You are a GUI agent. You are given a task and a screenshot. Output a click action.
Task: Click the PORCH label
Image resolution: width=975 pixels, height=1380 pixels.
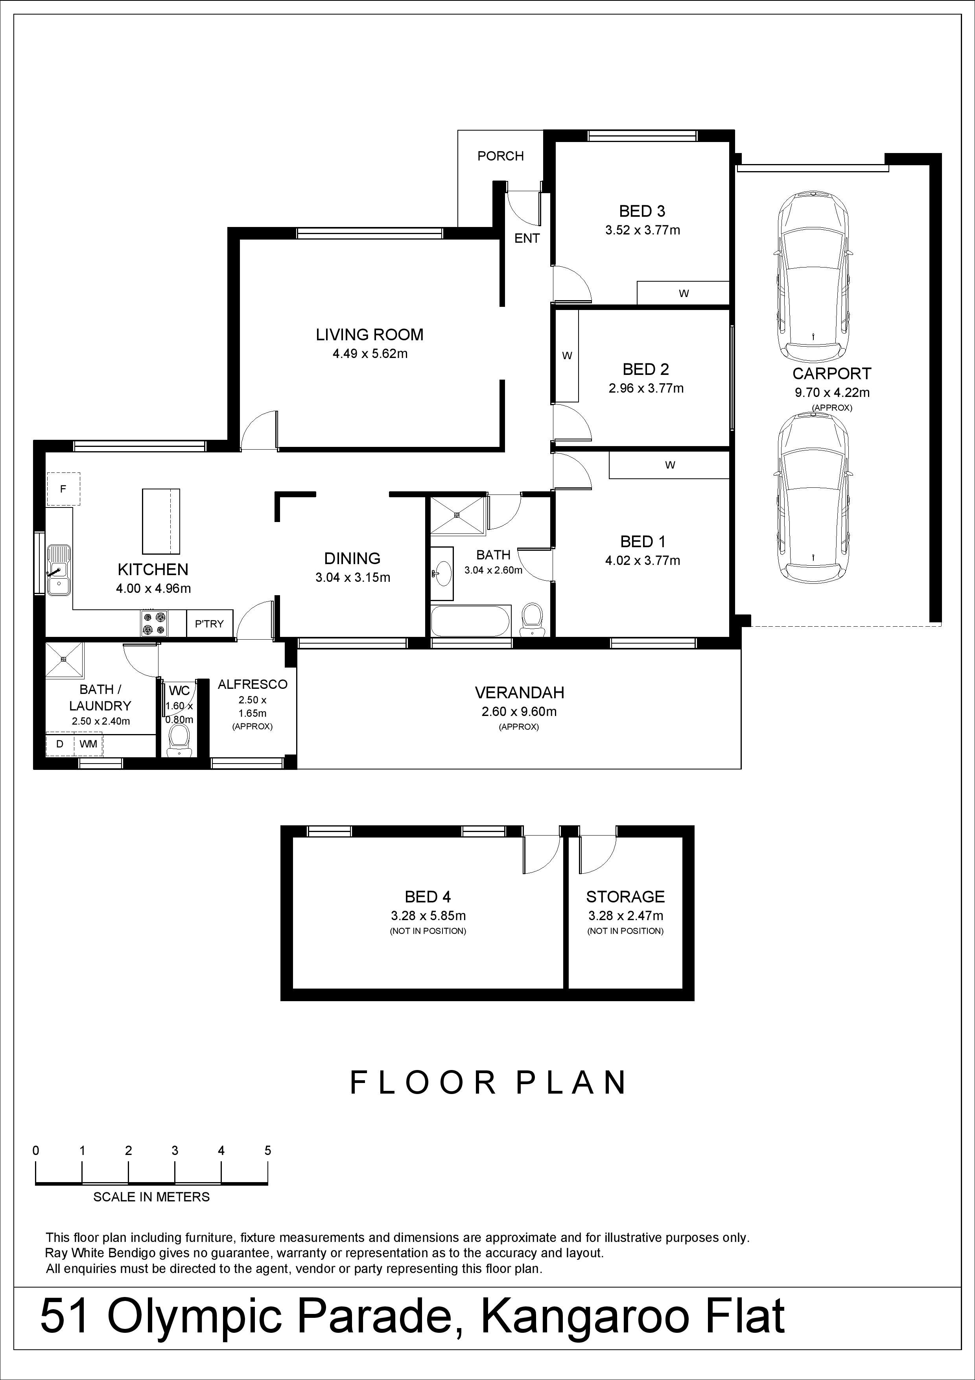tap(500, 156)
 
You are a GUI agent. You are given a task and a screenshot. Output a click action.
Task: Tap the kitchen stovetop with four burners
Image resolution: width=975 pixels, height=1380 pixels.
tap(155, 623)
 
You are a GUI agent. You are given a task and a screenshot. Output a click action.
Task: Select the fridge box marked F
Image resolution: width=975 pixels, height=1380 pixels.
tap(63, 489)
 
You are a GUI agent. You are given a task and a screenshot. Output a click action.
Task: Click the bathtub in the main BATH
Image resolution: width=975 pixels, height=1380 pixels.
tap(470, 620)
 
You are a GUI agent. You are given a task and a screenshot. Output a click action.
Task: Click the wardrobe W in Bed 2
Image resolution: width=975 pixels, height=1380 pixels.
tap(566, 355)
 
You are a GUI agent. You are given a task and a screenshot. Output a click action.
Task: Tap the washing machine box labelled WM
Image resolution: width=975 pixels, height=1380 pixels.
tap(88, 744)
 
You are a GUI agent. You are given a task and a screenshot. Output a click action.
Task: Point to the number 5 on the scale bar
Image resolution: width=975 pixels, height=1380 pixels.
tap(268, 1150)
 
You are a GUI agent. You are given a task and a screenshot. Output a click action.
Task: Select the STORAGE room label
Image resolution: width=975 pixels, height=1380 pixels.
tap(625, 897)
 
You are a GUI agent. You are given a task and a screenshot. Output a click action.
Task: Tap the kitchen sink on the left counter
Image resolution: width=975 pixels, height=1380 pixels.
tap(59, 568)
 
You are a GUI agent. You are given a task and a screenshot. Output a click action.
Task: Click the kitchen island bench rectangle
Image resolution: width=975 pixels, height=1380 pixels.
tap(161, 521)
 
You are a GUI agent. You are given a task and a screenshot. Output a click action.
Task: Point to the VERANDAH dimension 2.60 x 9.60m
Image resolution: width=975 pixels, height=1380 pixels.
tap(519, 712)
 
